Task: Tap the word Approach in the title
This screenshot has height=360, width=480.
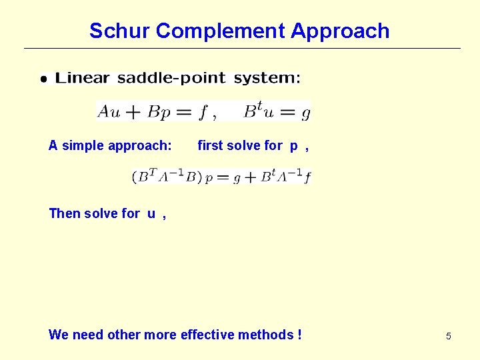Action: click(x=340, y=31)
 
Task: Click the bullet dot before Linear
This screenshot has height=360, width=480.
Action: click(x=44, y=79)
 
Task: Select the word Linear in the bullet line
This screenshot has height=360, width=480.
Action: click(x=83, y=78)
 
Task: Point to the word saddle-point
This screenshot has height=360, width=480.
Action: click(x=171, y=78)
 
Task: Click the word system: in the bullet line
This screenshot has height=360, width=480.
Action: click(x=267, y=78)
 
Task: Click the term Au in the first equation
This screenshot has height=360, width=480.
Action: click(x=109, y=111)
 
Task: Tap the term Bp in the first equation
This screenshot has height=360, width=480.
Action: click(x=159, y=112)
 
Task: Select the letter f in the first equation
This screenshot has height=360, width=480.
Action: click(x=203, y=112)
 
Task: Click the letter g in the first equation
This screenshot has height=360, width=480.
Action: click(x=305, y=113)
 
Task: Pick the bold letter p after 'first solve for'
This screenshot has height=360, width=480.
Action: click(x=293, y=146)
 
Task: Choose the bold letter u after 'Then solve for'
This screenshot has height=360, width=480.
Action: click(x=151, y=214)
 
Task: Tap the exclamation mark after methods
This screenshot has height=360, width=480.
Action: click(x=299, y=335)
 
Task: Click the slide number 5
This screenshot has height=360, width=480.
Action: click(x=448, y=336)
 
